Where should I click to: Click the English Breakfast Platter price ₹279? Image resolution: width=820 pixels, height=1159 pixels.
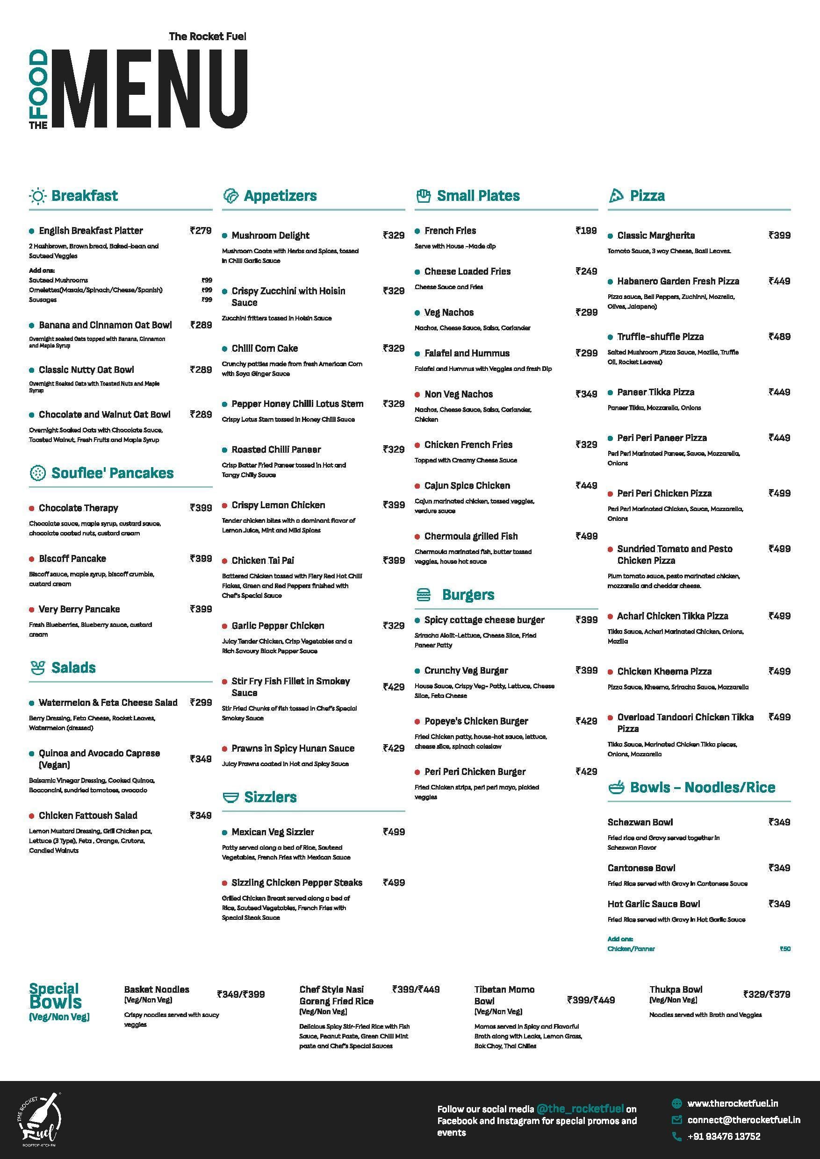click(201, 231)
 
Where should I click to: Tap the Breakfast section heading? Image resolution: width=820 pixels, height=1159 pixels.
click(84, 196)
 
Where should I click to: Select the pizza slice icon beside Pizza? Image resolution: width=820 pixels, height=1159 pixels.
click(615, 196)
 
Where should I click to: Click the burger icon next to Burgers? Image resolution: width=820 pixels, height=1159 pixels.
click(424, 595)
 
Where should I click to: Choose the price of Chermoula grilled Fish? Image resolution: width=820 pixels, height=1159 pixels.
click(586, 536)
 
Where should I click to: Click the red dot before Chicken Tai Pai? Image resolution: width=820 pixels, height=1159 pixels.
click(225, 561)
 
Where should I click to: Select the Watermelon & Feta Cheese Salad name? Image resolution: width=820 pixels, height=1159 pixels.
click(108, 703)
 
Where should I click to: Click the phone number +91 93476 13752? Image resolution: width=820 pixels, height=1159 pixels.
click(724, 1136)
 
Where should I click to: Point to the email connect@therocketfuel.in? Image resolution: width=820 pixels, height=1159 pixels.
click(744, 1120)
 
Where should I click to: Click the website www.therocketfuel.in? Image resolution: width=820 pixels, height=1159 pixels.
click(732, 1103)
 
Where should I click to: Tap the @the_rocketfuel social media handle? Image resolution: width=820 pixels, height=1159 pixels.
click(580, 1109)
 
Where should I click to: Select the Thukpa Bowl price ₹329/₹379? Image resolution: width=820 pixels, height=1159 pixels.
click(766, 994)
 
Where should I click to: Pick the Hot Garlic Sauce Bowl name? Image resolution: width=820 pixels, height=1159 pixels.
click(653, 903)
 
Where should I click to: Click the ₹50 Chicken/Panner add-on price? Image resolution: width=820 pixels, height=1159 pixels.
click(784, 948)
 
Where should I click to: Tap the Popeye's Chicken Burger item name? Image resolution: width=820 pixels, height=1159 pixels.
click(476, 721)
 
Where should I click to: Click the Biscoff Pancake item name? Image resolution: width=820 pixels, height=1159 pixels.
click(72, 559)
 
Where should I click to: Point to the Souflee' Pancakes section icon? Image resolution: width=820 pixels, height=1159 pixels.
click(37, 473)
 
